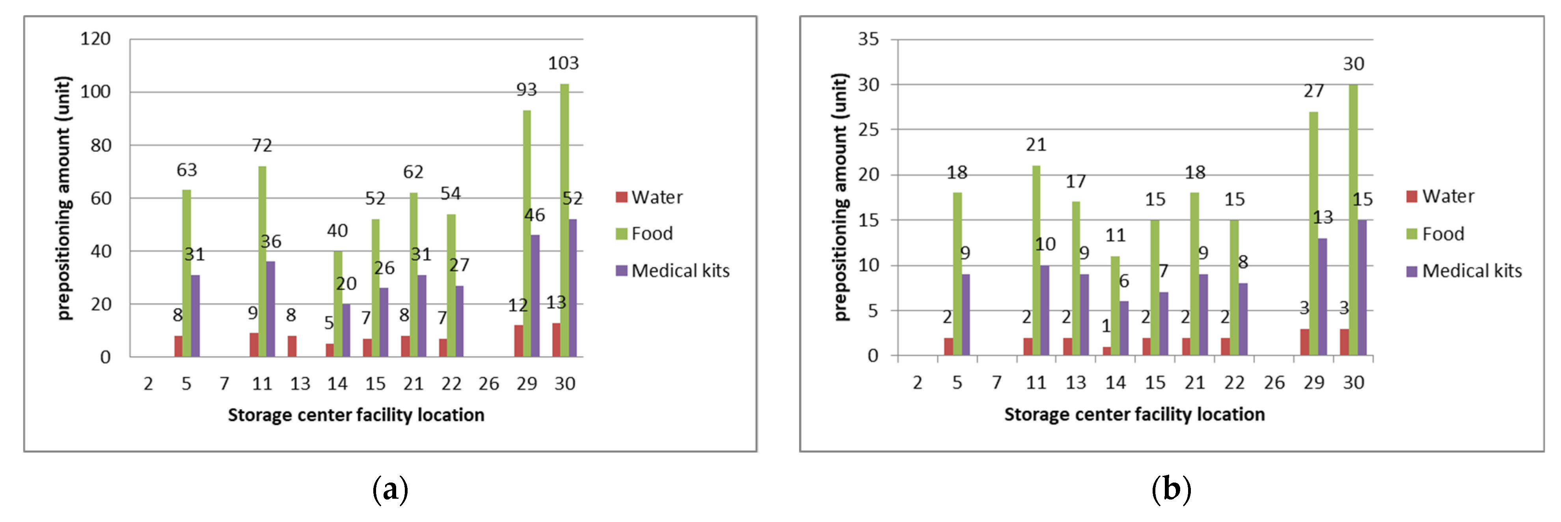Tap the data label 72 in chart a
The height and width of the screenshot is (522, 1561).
point(262,146)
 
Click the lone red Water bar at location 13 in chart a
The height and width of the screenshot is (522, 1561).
point(292,346)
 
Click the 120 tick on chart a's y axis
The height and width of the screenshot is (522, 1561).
point(96,39)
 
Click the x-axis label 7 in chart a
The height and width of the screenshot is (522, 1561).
point(224,384)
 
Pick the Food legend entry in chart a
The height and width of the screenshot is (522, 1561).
point(645,234)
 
